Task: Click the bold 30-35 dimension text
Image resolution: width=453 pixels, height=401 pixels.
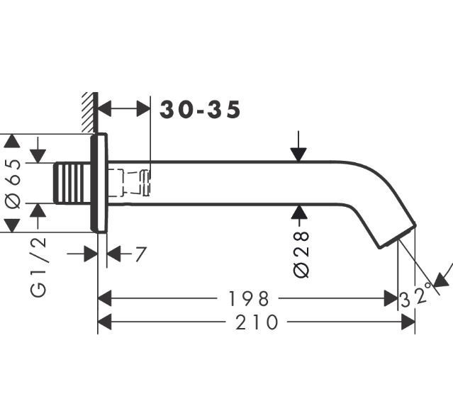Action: tap(200, 110)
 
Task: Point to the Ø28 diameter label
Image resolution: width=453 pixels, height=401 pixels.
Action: tap(301, 253)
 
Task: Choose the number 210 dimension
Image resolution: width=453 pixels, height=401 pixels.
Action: tap(257, 322)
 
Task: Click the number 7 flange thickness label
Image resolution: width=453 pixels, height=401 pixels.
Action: tap(140, 254)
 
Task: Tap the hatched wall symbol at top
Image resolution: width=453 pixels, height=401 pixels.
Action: tap(89, 111)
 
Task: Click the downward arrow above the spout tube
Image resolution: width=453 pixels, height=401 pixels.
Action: tap(300, 149)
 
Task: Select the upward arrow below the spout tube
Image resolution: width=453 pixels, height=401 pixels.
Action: tap(300, 215)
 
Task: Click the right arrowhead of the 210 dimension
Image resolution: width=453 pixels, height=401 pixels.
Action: tap(408, 322)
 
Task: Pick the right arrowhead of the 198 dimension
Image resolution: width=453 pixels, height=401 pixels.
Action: tap(391, 298)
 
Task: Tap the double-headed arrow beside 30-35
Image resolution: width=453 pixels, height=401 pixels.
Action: tap(123, 109)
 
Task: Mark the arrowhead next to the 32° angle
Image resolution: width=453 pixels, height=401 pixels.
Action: tap(440, 281)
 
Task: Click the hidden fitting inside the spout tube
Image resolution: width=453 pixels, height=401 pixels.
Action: tap(130, 182)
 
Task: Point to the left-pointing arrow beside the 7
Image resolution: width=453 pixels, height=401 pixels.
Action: tap(116, 254)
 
